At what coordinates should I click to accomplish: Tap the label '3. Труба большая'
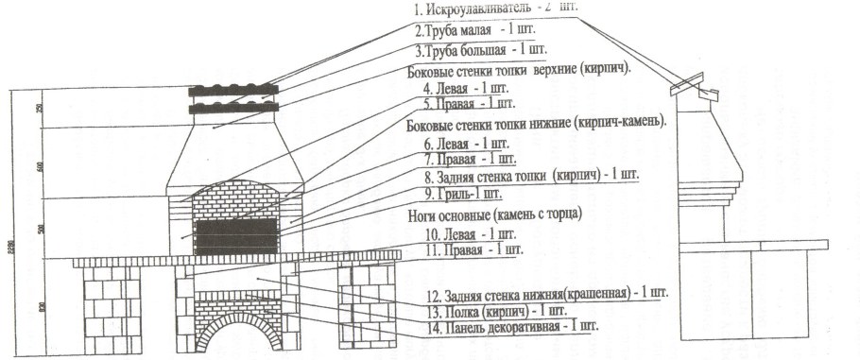(467, 49)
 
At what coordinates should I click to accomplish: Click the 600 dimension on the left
(40, 165)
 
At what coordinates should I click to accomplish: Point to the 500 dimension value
(40, 228)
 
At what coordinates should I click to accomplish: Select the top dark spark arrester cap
(234, 92)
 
